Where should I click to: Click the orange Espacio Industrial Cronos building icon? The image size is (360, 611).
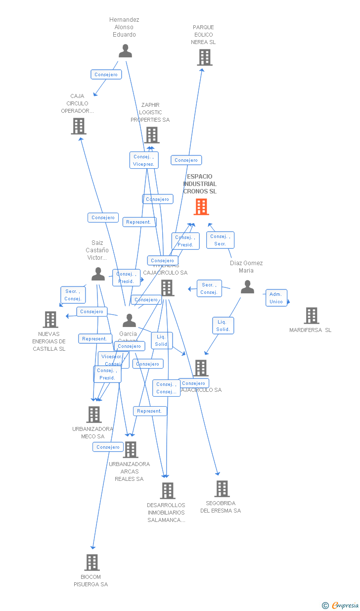point(201,207)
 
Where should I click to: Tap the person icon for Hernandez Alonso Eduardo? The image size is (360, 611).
point(126,51)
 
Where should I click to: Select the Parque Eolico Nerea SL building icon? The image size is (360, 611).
point(204,57)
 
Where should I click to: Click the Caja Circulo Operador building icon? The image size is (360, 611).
point(79,126)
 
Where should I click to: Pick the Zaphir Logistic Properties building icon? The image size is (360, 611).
point(152,135)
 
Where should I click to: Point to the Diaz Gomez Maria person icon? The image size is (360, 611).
point(247,287)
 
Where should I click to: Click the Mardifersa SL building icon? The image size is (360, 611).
point(311,316)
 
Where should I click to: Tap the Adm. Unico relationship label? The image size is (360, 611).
point(276,298)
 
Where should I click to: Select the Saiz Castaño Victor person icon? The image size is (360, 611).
point(98,274)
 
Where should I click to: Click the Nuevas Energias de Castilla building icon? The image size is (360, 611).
point(50,320)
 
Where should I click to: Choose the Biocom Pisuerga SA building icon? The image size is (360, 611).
point(92,563)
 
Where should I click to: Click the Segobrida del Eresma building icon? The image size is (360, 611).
point(222,489)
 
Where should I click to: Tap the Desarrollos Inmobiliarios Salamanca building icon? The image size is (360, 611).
point(168,491)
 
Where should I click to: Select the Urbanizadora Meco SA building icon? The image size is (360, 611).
point(94,415)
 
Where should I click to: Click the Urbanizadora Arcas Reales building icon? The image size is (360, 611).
point(131,450)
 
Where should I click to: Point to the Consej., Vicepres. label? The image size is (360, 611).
point(144,160)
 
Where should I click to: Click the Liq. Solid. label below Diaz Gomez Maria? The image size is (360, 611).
point(223,326)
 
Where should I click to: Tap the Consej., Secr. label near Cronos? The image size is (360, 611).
point(220,240)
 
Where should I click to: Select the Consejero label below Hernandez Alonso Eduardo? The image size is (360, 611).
point(106,75)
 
